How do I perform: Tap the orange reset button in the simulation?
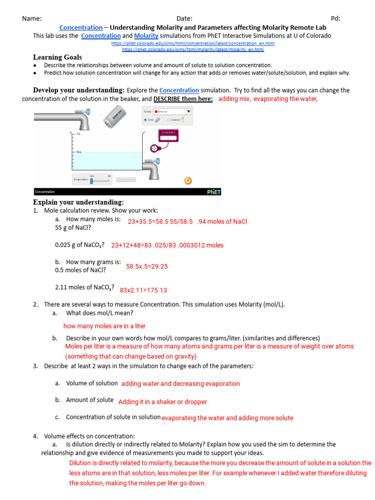(x=187, y=180)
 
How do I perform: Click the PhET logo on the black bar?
(x=213, y=192)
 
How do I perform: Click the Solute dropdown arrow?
(x=188, y=111)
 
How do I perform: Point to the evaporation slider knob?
(x=91, y=181)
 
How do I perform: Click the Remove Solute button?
(x=125, y=180)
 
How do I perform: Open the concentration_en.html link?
(x=193, y=43)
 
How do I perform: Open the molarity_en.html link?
(x=193, y=49)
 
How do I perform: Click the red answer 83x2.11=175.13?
(x=143, y=290)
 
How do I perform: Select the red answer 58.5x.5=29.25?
(x=146, y=266)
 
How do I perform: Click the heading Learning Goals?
(x=57, y=57)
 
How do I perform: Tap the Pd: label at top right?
(x=335, y=18)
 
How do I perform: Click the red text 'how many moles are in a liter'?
(x=104, y=326)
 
